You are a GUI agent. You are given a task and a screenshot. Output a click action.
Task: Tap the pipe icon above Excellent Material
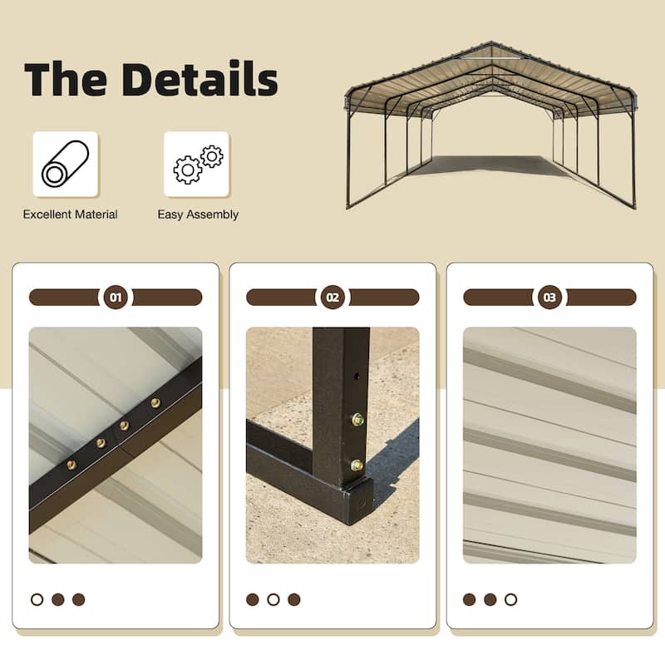65,164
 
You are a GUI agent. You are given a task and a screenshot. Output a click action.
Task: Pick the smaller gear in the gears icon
212,155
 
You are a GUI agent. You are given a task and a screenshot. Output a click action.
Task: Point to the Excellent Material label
71,214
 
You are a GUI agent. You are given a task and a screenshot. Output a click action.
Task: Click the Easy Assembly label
198,214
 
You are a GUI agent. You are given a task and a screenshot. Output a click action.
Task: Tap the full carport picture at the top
490,125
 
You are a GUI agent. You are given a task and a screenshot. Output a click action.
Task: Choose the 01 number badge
116,297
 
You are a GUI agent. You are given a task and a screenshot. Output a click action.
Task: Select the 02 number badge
332,297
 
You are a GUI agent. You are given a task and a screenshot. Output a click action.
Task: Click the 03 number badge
549,297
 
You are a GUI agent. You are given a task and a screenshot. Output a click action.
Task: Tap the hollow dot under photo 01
37,599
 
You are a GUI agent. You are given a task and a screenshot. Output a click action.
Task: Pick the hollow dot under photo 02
273,599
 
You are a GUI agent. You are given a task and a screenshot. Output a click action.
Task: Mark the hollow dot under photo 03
510,599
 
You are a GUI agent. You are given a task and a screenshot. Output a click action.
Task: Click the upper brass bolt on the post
357,420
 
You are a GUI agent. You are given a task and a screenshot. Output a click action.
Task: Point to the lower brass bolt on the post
357,465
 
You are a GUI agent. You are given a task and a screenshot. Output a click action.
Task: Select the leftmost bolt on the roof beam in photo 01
71,465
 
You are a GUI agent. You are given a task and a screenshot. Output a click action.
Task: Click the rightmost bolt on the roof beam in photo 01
155,403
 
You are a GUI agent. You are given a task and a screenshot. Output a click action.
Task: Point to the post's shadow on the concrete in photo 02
394,465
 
